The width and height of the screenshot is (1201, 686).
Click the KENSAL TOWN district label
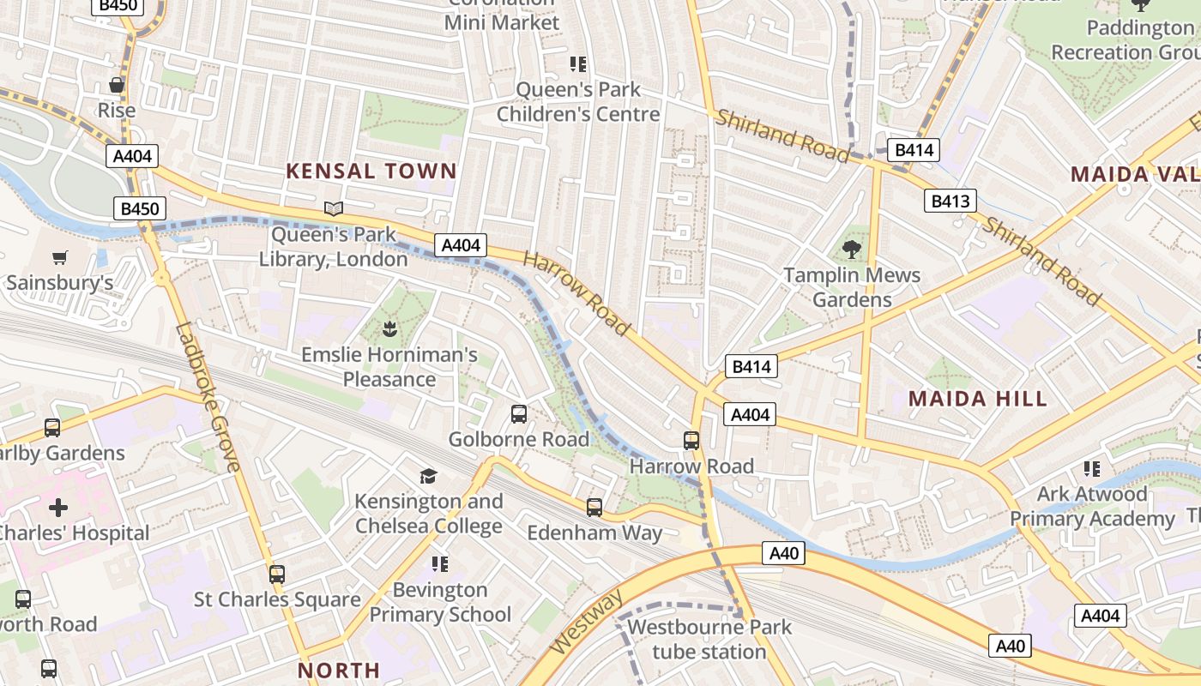tap(371, 171)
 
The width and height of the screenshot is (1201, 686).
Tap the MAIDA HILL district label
tap(977, 398)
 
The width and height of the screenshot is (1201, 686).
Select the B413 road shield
tap(951, 202)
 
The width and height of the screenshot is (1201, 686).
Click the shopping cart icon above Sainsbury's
tap(59, 257)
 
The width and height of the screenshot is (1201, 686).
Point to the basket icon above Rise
tap(117, 85)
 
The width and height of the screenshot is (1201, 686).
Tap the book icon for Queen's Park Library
tap(333, 208)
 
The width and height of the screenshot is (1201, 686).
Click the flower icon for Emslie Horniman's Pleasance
tap(389, 328)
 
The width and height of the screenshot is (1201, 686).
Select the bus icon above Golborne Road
tap(519, 414)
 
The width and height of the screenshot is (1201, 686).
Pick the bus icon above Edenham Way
tap(594, 507)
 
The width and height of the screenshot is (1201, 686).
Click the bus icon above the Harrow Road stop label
tap(691, 441)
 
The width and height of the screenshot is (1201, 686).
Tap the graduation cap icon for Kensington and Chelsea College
tap(428, 476)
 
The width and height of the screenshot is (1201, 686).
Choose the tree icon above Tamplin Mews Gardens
tap(852, 250)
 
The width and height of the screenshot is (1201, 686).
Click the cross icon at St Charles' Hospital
tap(58, 507)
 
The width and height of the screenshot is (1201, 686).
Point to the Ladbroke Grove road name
tap(208, 396)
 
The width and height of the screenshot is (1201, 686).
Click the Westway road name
tap(585, 623)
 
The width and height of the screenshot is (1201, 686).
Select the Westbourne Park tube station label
tap(709, 639)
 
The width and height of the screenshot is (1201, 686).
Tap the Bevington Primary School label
tap(440, 602)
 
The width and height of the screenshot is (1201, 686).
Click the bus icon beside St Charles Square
tap(276, 574)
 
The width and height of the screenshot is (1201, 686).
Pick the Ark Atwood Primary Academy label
tap(1091, 506)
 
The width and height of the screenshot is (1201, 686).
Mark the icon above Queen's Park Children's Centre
tap(577, 63)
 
